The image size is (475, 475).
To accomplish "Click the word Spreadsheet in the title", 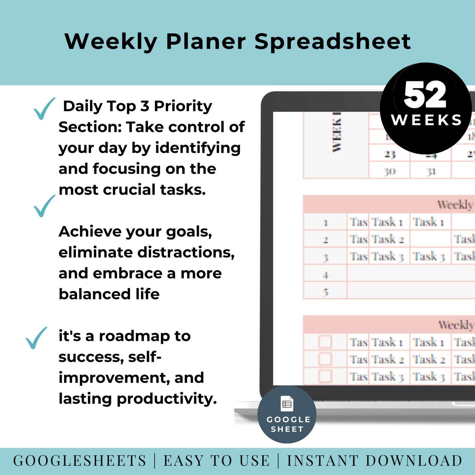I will click(332, 42).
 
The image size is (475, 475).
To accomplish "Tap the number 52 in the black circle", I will click(425, 95).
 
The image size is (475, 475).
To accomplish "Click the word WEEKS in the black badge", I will click(427, 120).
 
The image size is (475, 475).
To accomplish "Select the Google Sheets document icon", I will click(287, 404).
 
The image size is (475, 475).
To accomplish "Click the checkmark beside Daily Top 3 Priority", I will click(44, 108).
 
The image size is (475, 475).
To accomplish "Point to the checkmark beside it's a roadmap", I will click(36, 338).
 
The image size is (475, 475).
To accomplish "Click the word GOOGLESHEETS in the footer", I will click(80, 461).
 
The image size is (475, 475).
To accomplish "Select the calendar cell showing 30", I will click(390, 172).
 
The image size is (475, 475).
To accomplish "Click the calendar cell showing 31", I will click(431, 172).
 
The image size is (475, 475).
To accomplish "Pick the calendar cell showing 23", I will click(390, 154).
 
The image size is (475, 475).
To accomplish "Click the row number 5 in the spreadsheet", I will click(326, 292).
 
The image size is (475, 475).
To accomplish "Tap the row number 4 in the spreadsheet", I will click(326, 275).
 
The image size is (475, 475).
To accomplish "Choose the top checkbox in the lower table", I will click(325, 342).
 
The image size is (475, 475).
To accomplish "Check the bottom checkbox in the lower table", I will click(325, 376).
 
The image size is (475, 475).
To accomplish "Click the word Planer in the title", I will click(206, 42).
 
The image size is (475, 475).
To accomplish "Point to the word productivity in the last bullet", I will click(167, 399).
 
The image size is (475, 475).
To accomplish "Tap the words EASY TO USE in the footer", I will click(216, 461).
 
